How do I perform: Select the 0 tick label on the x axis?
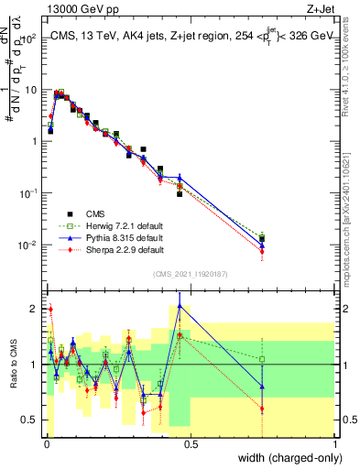46,443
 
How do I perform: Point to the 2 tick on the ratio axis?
36,306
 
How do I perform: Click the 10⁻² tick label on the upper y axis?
29,245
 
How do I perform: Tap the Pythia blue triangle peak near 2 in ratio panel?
180,307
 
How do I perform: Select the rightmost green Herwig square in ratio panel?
262,359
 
